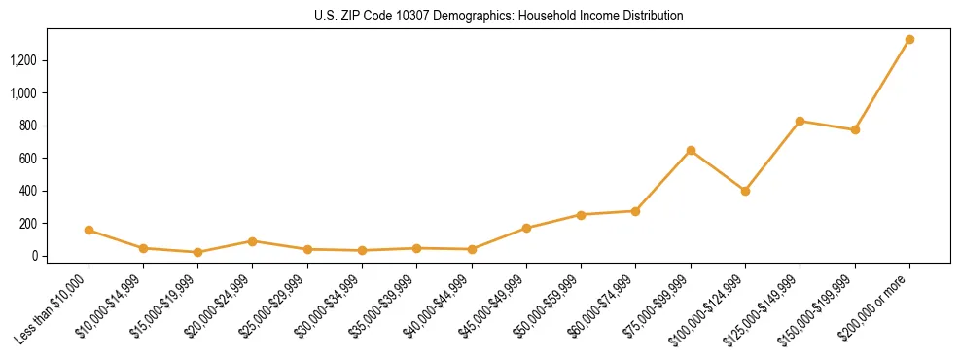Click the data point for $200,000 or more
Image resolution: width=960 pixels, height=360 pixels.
(x=909, y=40)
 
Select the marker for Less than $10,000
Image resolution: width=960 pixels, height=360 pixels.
(x=89, y=231)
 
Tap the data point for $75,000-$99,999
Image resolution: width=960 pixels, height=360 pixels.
(x=691, y=151)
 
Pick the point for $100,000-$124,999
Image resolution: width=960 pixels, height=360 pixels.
(x=745, y=191)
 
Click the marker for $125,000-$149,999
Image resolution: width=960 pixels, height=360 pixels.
(x=800, y=122)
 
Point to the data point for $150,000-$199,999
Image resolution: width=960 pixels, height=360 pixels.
(x=855, y=129)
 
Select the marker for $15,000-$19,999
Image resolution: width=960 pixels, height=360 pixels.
(x=197, y=252)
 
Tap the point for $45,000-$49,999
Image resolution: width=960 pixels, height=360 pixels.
(x=526, y=229)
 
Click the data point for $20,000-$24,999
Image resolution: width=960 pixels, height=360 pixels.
(x=253, y=241)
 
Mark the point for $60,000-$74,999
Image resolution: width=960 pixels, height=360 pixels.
(x=635, y=211)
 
